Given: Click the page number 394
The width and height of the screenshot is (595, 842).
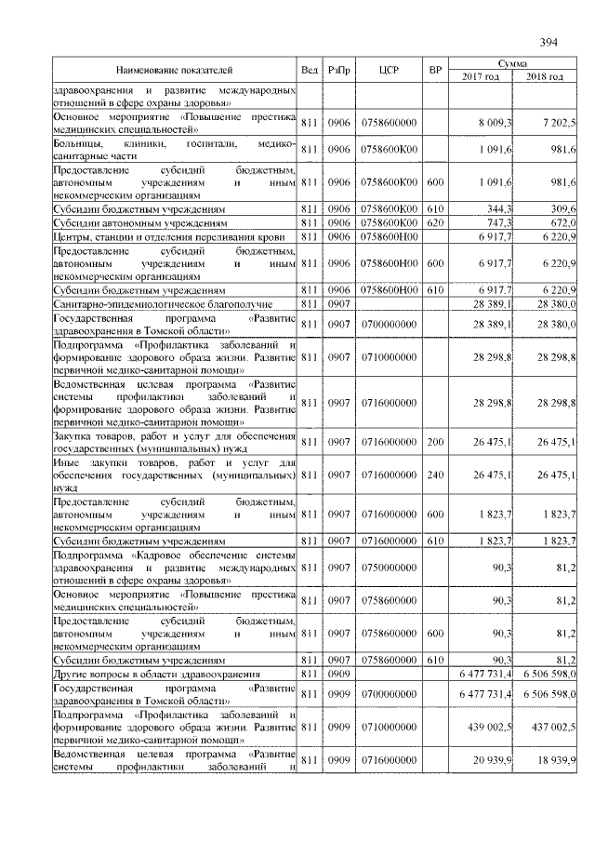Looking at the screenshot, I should [548, 41].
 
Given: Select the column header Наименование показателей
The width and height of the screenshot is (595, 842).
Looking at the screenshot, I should [174, 70].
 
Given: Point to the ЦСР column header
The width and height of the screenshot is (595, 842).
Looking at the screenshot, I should [390, 70].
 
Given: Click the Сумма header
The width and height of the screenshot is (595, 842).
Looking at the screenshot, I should [512, 62].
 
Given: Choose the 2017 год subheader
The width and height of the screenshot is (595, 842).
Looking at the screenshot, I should [481, 76].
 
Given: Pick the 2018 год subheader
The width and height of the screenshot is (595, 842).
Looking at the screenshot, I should [545, 76].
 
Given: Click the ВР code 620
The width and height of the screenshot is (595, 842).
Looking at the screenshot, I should [433, 223].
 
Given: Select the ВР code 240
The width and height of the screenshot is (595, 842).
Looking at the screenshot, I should [433, 474].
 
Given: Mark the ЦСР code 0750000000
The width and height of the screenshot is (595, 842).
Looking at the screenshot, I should [390, 564].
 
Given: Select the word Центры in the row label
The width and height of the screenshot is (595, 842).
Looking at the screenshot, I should [72, 237].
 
